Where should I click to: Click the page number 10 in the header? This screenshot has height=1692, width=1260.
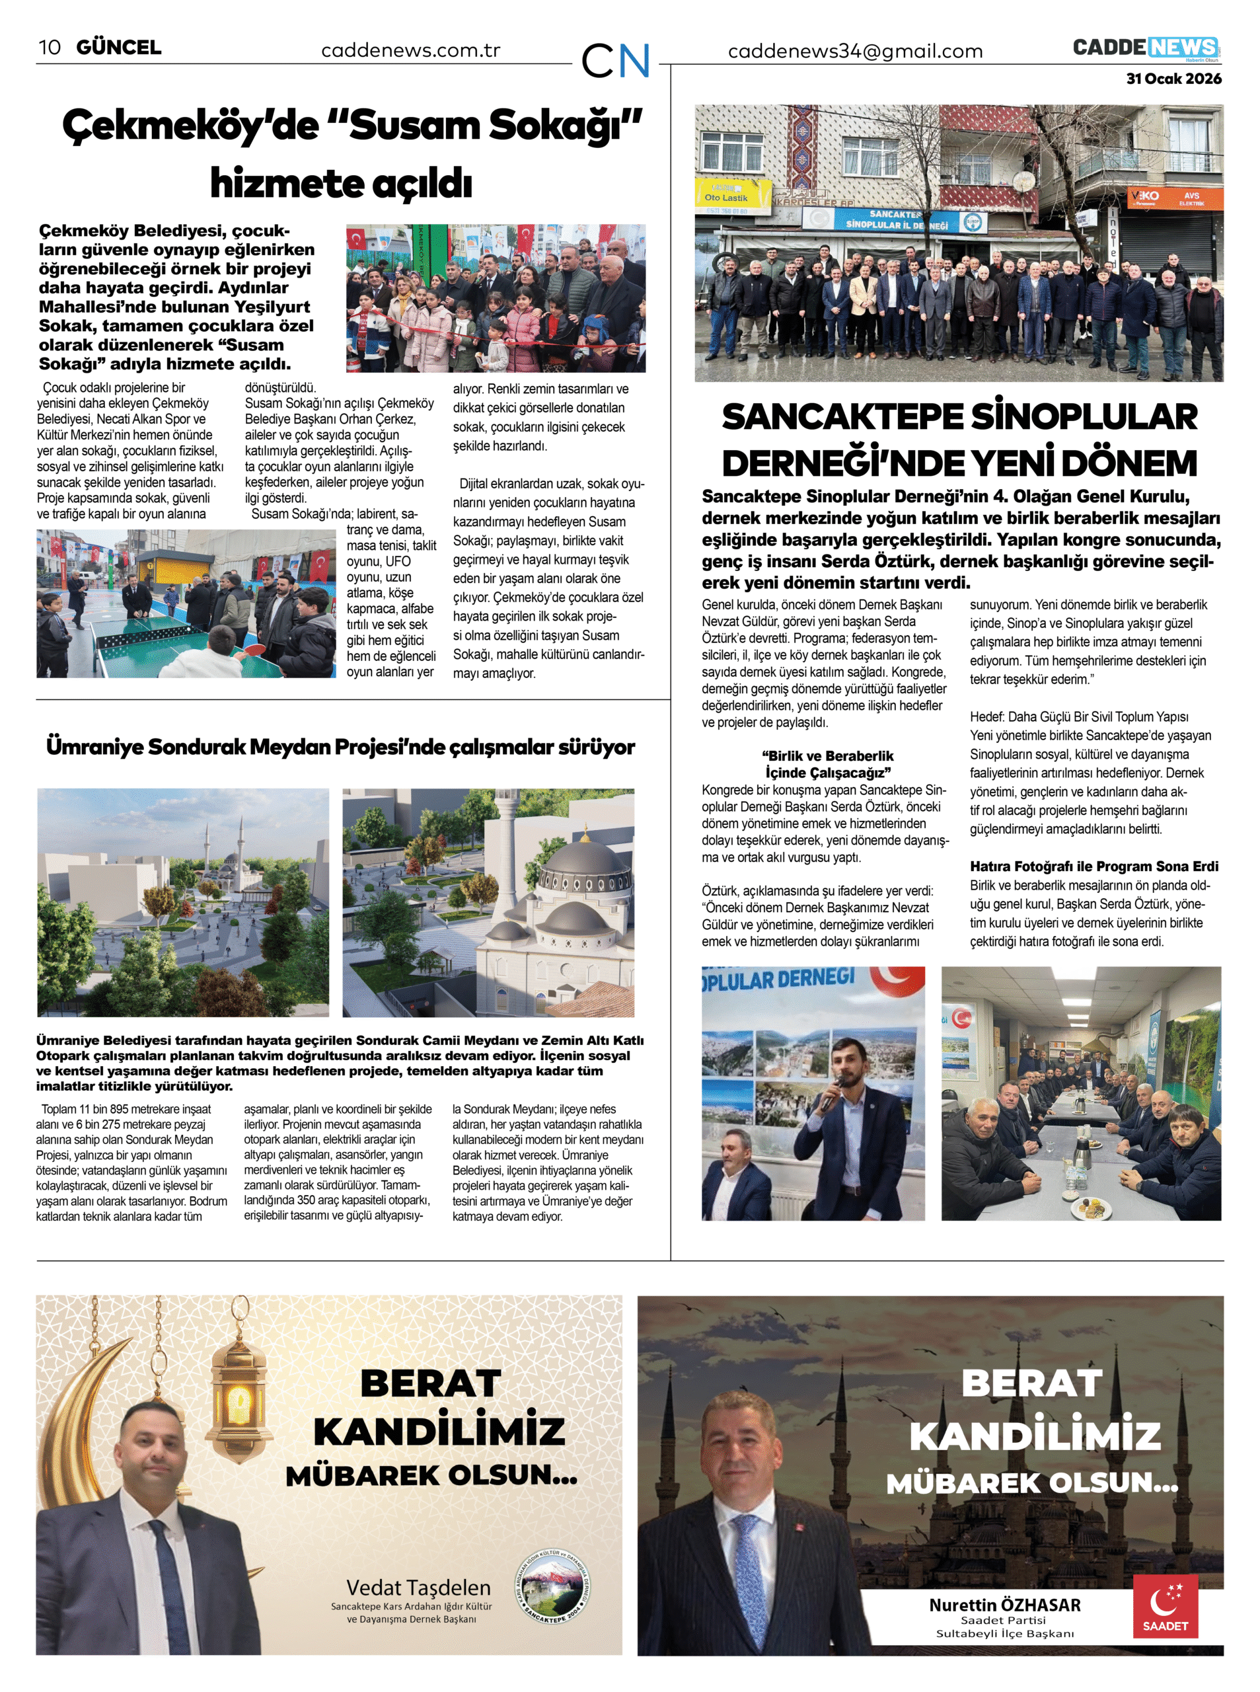(x=50, y=48)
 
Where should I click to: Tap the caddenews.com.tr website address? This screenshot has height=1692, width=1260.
(x=410, y=51)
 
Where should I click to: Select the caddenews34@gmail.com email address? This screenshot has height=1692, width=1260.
(x=855, y=52)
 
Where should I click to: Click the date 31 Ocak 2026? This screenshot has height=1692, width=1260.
(x=1173, y=79)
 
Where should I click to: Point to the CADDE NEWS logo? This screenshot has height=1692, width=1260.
(x=1145, y=48)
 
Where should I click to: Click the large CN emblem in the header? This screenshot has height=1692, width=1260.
(x=614, y=61)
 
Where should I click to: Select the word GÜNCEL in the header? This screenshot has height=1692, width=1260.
(x=119, y=48)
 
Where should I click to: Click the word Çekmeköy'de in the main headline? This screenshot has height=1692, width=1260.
(x=190, y=126)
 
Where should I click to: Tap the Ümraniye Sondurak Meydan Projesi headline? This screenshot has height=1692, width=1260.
(x=340, y=747)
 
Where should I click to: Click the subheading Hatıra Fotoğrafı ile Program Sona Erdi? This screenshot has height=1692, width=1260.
(x=1093, y=866)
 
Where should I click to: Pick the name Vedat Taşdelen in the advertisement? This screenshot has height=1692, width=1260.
(x=418, y=1588)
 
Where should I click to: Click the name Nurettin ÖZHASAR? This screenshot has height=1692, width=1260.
(x=1004, y=1605)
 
